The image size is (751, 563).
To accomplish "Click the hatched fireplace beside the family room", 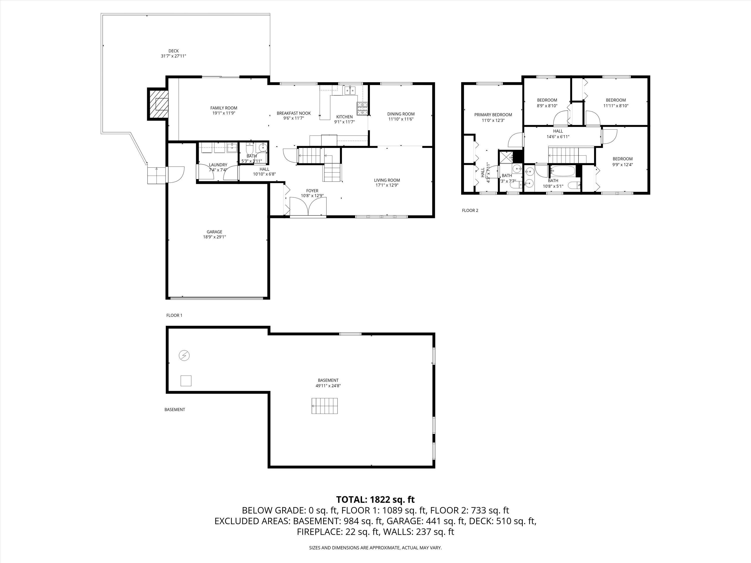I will click(x=158, y=104).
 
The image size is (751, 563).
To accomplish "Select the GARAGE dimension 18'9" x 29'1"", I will click(x=214, y=237).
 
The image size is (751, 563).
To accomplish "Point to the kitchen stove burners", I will click(x=362, y=108).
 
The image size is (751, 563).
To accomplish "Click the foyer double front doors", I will click(x=308, y=207).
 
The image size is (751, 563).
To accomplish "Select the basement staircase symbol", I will click(x=325, y=406).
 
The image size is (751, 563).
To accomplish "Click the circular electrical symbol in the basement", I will click(x=184, y=356).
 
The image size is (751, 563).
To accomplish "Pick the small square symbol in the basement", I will click(x=186, y=381).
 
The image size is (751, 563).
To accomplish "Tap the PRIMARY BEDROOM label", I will click(x=493, y=115).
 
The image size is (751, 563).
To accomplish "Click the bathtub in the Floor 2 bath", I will click(x=562, y=171).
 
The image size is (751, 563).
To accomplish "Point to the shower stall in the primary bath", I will click(x=505, y=157).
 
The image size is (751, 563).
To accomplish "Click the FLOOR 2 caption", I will click(x=470, y=210).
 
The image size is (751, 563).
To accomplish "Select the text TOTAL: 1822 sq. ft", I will click(x=375, y=499).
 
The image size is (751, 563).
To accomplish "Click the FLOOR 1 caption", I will click(x=174, y=315).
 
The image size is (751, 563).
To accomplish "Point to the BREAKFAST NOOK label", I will click(x=293, y=113).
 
